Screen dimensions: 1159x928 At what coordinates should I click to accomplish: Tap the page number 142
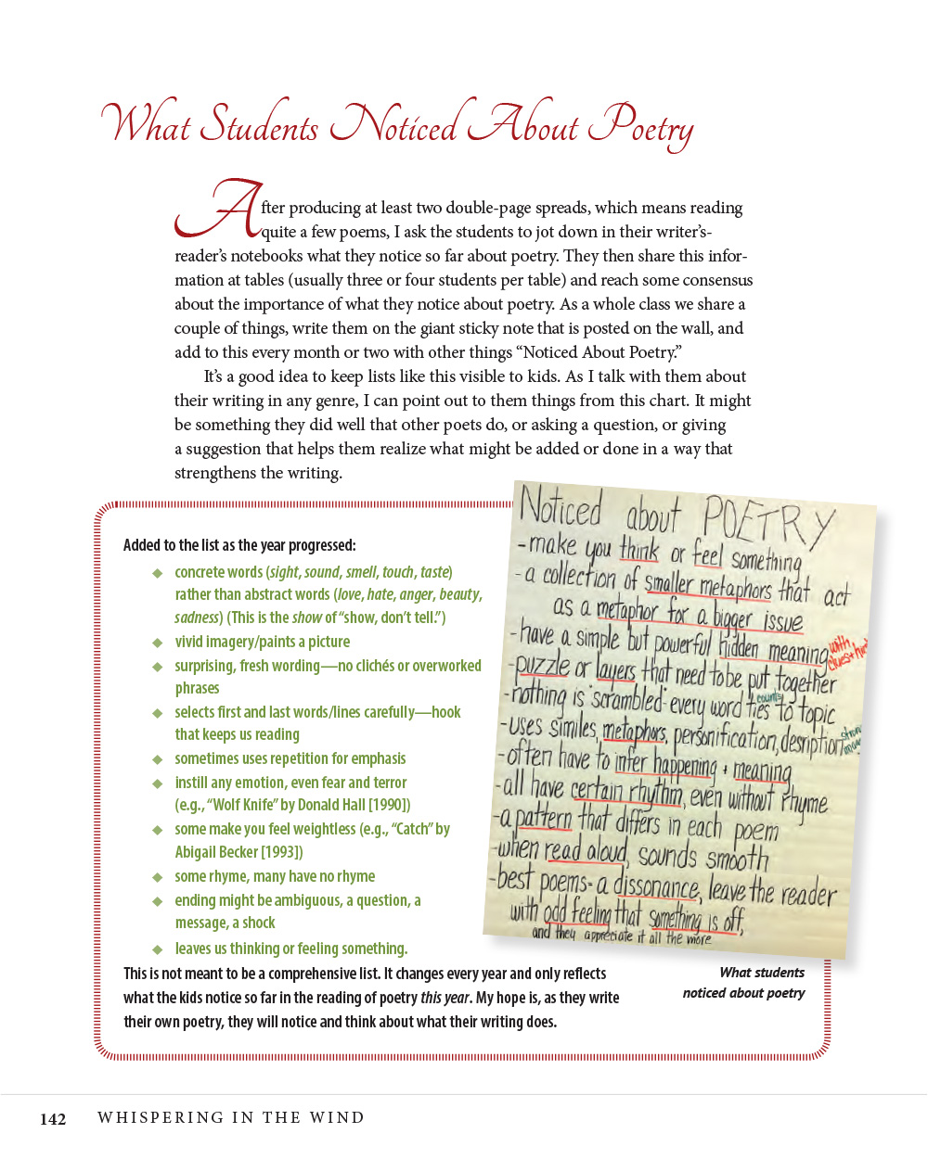53,1118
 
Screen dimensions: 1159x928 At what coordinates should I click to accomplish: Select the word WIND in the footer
337,1117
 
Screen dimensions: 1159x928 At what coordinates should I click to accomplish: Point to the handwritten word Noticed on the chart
561,508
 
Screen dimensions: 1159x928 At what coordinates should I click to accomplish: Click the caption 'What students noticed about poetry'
744,983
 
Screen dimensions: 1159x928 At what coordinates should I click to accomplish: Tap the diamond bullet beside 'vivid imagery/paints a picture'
158,643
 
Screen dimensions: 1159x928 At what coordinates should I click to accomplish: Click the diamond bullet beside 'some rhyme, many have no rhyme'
158,877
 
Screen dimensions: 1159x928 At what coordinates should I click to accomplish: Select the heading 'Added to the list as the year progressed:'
239,545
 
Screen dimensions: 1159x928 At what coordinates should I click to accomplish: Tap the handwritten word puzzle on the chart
541,666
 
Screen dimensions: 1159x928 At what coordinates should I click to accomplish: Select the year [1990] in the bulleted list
390,805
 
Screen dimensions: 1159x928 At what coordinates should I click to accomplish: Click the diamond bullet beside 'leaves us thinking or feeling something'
158,949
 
